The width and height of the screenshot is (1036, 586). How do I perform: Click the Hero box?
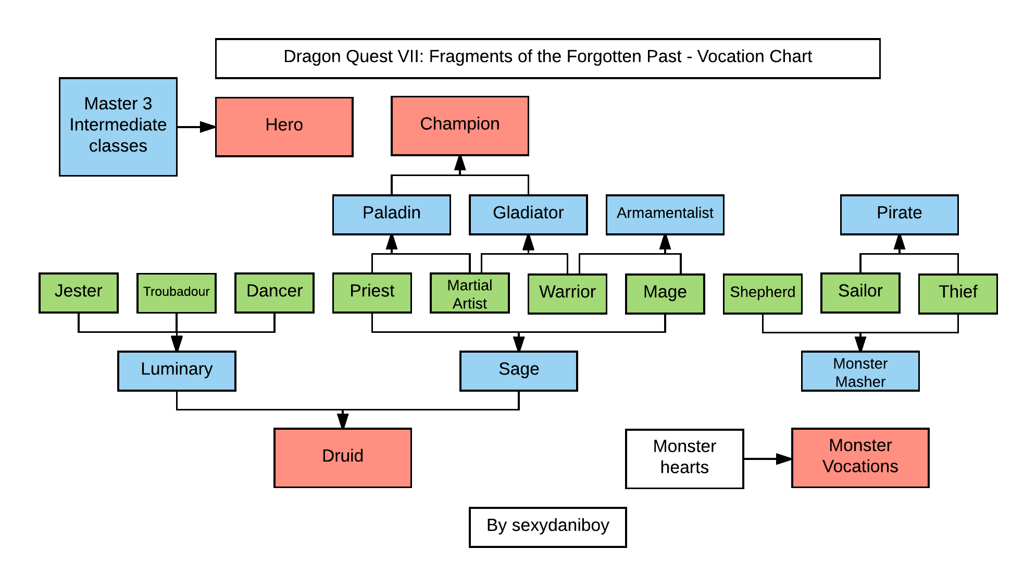284,127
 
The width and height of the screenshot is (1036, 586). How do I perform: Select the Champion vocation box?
459,126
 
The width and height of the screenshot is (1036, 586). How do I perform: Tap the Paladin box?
391,215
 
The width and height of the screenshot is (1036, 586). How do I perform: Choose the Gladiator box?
528,215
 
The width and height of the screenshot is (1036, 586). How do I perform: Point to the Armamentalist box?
665,215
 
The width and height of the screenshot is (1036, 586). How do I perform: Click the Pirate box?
899,215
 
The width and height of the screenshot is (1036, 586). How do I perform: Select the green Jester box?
78,292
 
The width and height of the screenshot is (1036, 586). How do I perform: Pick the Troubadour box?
176,293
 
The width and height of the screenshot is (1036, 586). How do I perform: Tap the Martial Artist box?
469,293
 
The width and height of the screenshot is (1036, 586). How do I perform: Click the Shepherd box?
762,293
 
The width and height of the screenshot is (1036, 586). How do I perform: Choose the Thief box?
957,293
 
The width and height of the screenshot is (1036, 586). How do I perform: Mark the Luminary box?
177,370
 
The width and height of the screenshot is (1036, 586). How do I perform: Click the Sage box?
518,370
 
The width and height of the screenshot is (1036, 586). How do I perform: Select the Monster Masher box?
860,371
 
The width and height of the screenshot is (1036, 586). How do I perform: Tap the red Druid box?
342,457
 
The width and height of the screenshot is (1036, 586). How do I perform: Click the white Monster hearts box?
684,458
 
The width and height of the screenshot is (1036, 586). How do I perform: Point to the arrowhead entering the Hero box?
208,127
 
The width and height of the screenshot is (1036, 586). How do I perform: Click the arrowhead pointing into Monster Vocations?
784,458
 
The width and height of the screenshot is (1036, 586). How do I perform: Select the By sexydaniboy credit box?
547,527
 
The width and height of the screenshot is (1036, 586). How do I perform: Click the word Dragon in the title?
309,56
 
